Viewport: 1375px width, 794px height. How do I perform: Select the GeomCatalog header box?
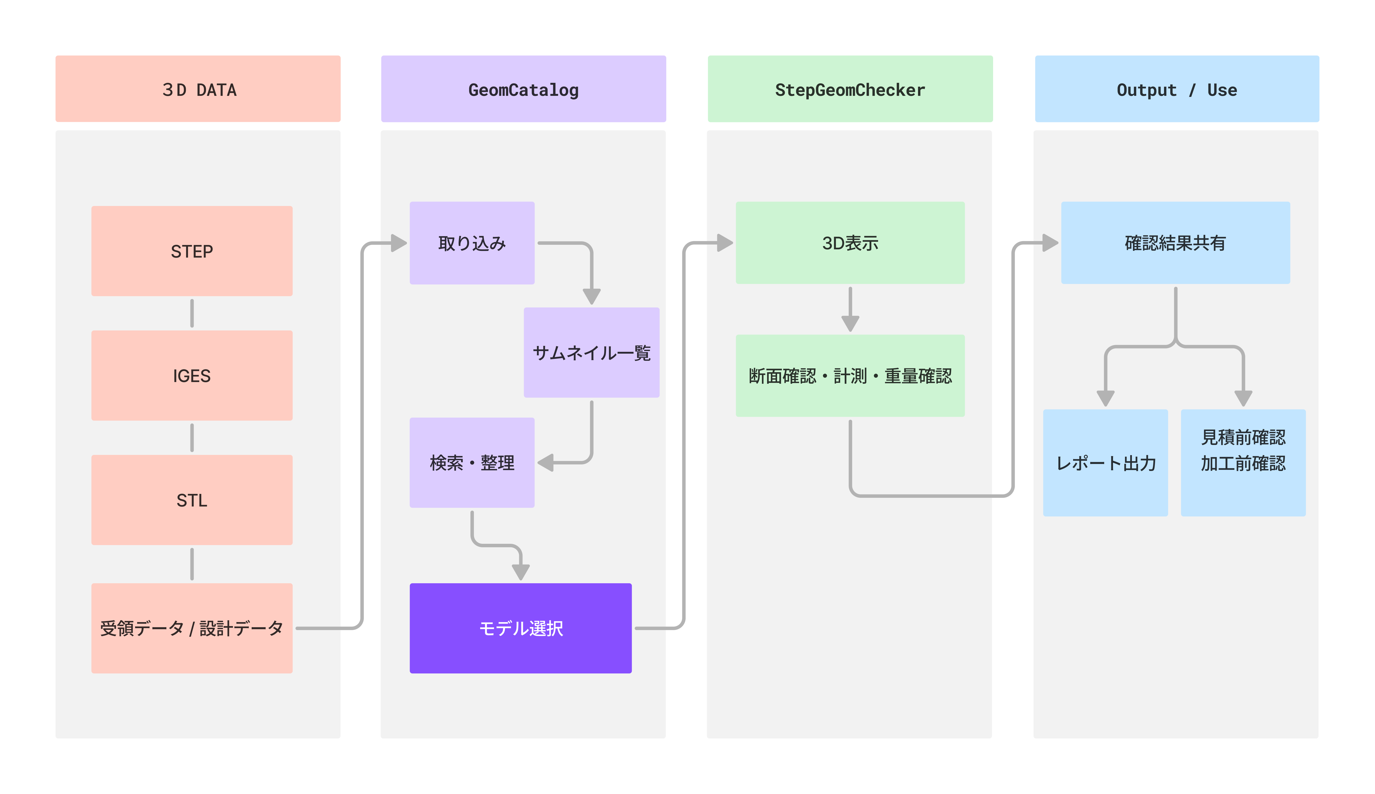(x=523, y=89)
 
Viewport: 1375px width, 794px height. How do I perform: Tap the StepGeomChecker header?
(x=850, y=89)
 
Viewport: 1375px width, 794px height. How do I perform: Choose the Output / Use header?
(x=1177, y=89)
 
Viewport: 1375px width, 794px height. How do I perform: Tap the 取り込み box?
(x=472, y=243)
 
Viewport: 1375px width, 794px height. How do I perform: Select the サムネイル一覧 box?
(x=591, y=352)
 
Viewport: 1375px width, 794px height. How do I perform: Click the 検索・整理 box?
(x=472, y=462)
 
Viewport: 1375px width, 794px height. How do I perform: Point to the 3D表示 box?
(x=850, y=243)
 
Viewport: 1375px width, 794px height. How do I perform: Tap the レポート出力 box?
(x=1105, y=462)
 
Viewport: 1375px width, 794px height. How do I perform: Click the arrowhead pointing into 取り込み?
(x=399, y=243)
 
